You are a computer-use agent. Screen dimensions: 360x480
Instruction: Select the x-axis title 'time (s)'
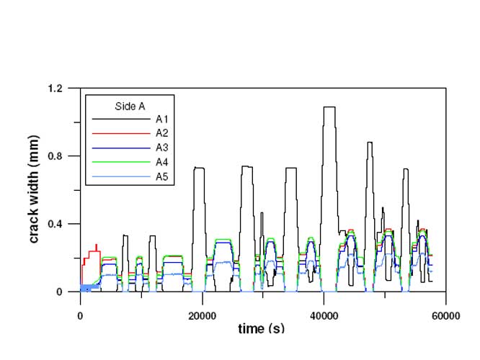(x=261, y=328)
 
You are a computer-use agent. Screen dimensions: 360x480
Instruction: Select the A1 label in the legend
(x=161, y=118)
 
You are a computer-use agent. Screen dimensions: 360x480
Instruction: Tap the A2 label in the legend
(x=161, y=132)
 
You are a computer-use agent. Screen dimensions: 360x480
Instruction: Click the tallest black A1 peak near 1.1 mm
(x=329, y=107)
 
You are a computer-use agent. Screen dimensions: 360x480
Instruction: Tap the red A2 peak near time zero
(x=96, y=246)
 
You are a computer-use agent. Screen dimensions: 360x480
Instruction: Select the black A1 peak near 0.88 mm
(x=369, y=143)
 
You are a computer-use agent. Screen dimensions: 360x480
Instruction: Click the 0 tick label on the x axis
(x=80, y=315)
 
